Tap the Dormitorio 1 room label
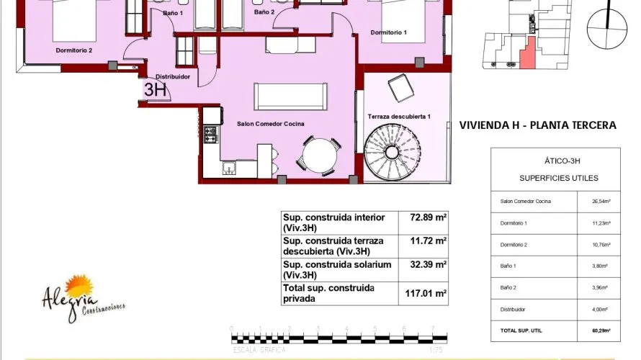[x=389, y=32]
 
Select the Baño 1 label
[x=173, y=13]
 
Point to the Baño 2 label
[x=264, y=12]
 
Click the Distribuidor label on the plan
[x=173, y=76]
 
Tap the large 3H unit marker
[x=155, y=90]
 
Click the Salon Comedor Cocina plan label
[x=270, y=124]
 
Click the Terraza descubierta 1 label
[x=398, y=117]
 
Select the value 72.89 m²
[x=429, y=217]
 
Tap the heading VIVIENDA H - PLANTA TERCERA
[x=537, y=125]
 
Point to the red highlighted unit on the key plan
[x=528, y=55]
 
